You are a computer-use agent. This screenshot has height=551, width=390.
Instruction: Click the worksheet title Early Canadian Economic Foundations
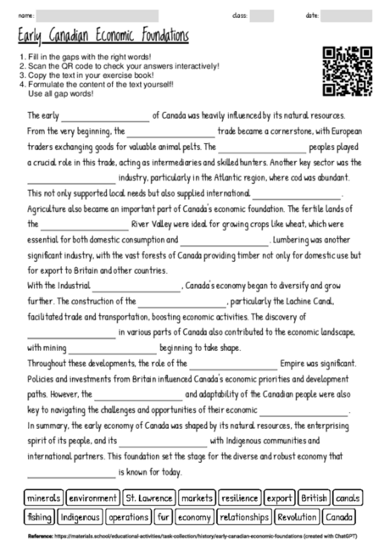tap(103, 37)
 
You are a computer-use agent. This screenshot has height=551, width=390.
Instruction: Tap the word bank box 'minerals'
tap(44, 498)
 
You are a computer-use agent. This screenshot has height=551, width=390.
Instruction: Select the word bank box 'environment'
tap(93, 498)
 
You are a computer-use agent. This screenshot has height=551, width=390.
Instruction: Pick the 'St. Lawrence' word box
tap(148, 498)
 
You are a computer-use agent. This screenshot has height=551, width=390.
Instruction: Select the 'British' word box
tap(314, 498)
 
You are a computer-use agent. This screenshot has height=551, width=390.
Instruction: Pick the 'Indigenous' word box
tap(81, 516)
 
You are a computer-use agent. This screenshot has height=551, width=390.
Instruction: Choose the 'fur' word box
tap(163, 516)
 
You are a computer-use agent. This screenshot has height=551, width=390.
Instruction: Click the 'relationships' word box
tap(244, 516)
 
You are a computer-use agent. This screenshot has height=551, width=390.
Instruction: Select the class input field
tap(261, 15)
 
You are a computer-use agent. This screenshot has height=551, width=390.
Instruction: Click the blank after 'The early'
tap(106, 114)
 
